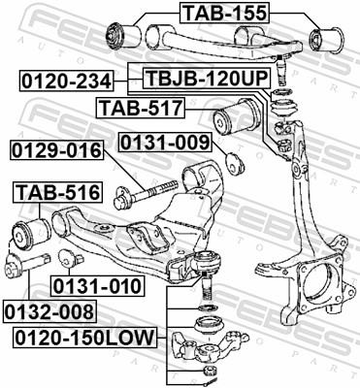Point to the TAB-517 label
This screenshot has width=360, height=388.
131,106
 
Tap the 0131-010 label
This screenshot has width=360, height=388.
97,285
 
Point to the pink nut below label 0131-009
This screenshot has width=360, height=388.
233,162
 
